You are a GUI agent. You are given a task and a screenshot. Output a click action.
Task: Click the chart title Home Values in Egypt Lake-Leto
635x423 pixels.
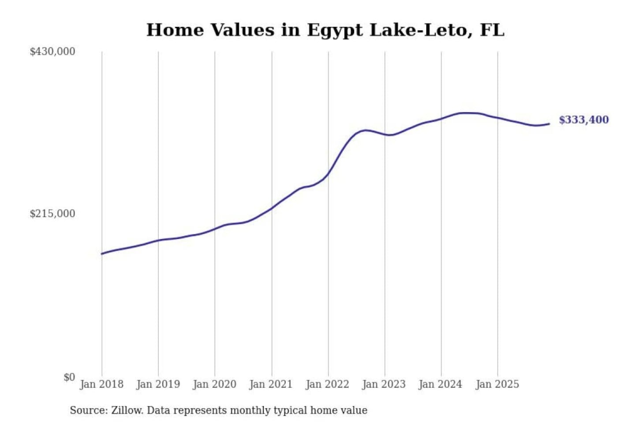point(325,30)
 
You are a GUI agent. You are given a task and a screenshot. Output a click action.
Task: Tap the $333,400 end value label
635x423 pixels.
point(583,120)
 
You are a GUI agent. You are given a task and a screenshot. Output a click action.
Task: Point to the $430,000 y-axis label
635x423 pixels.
point(52,52)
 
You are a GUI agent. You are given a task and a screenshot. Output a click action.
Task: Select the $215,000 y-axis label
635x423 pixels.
point(52,214)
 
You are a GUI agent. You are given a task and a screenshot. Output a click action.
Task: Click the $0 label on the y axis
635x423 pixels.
point(69,377)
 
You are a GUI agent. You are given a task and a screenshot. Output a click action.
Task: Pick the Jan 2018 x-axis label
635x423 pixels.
point(101,384)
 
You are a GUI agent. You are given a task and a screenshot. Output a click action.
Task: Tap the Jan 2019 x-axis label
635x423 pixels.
point(158,384)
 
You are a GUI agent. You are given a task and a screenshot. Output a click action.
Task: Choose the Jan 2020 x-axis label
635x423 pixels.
point(214,384)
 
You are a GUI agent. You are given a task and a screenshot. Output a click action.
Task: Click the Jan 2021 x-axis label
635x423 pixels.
point(271,384)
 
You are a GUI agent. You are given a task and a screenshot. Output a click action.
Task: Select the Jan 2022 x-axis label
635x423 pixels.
point(327,384)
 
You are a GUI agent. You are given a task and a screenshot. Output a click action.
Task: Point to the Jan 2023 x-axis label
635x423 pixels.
point(384,384)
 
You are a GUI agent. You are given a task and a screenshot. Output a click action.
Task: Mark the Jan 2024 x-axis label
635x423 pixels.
point(440,384)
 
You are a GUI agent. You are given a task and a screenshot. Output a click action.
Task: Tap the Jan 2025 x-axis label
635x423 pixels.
point(497,384)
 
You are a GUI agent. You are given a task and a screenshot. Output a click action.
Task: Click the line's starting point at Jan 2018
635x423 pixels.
point(102,254)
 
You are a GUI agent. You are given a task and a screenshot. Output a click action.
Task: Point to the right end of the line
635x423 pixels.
point(549,124)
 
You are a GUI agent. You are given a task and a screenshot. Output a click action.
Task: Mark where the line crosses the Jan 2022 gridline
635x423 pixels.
point(328,174)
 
